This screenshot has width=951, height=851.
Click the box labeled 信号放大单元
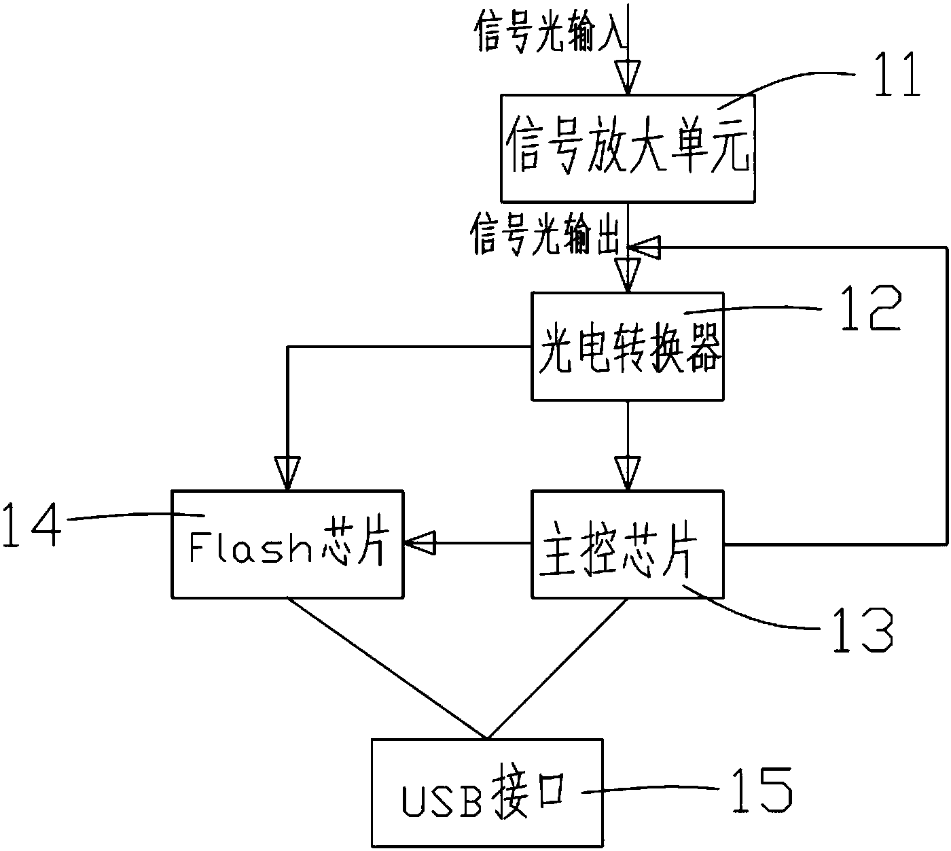pyautogui.click(x=628, y=148)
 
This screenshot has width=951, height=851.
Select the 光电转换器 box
pyautogui.click(x=628, y=347)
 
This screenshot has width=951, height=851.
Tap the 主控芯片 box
pyautogui.click(x=628, y=544)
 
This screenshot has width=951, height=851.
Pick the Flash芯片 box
pyautogui.click(x=287, y=544)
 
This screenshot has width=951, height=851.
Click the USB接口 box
pyautogui.click(x=486, y=793)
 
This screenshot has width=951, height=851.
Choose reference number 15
pyautogui.click(x=761, y=790)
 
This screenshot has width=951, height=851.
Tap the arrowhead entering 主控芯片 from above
pyautogui.click(x=628, y=472)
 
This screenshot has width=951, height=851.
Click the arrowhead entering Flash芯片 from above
pyautogui.click(x=287, y=472)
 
